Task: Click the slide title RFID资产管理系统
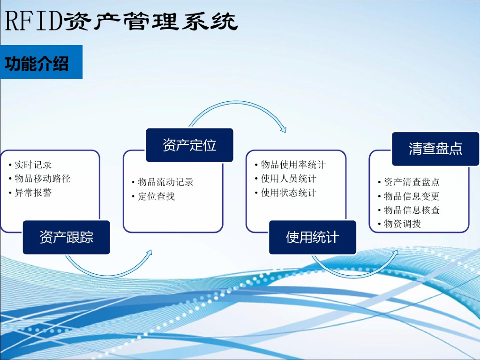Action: click(121, 22)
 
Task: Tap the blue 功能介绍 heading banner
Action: click(41, 62)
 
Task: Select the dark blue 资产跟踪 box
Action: click(67, 237)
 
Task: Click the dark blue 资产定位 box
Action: click(189, 145)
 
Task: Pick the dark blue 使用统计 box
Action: click(313, 237)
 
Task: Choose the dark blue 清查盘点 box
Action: click(435, 149)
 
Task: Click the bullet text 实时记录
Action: click(33, 165)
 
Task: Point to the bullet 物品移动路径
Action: click(43, 179)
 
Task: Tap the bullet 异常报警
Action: click(33, 193)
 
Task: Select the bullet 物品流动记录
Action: click(165, 182)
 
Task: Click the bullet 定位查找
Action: click(156, 196)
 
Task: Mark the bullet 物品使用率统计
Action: click(293, 165)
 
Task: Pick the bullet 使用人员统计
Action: click(289, 179)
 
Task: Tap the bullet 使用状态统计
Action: click(289, 193)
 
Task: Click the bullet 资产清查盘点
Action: click(412, 182)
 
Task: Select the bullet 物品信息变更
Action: click(412, 196)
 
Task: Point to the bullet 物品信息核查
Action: click(412, 210)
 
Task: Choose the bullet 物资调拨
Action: click(402, 224)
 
